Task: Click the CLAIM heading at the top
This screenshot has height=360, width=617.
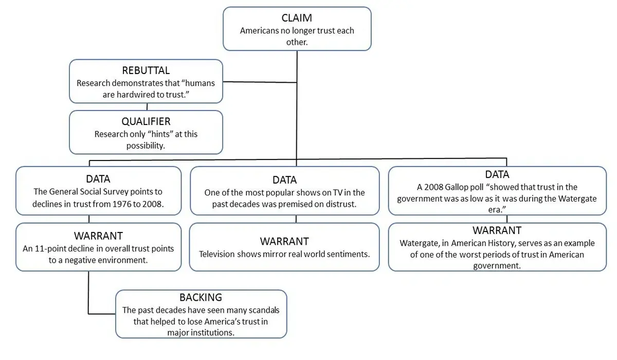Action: [297, 18]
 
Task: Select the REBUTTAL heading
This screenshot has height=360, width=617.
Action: [146, 70]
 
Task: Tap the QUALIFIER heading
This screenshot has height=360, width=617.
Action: [146, 121]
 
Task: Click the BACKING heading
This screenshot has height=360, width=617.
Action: [201, 298]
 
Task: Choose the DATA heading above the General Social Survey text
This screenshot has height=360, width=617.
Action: [98, 179]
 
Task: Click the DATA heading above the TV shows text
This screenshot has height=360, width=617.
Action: [284, 180]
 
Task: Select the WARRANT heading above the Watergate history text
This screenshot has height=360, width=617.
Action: [497, 230]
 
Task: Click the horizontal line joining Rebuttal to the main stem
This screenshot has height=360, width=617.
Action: [260, 82]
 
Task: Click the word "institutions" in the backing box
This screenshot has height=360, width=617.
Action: [210, 332]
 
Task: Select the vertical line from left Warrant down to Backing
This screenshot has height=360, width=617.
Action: [89, 291]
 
